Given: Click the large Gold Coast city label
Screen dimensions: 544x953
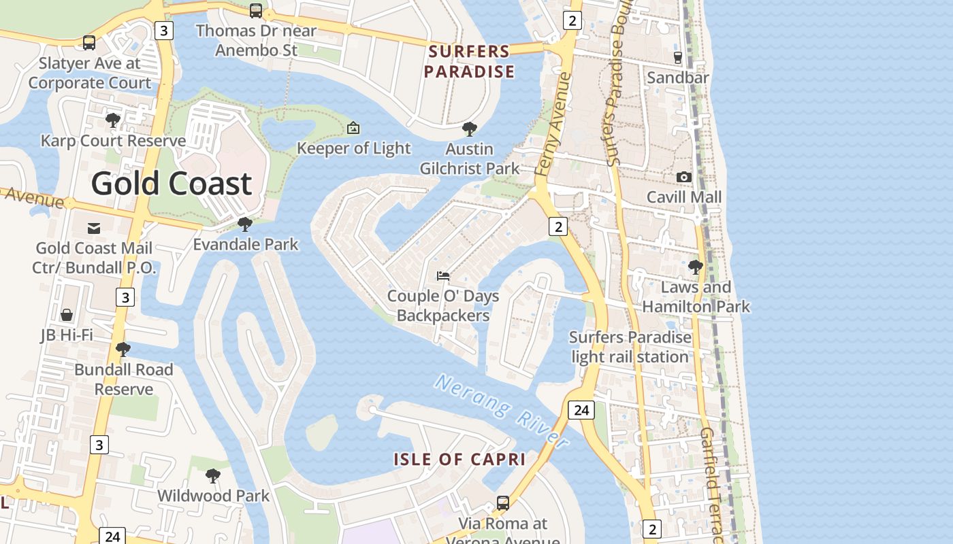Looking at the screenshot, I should [x=172, y=184].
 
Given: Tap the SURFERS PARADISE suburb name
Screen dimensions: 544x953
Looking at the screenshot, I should [x=469, y=62].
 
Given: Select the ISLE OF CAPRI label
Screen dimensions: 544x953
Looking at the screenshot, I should [x=459, y=459].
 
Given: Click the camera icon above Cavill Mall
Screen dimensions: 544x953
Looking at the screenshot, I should [x=684, y=177].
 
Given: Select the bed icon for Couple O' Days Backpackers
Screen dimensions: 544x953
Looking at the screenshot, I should [x=443, y=275].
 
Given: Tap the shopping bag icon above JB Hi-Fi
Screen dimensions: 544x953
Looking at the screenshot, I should [x=67, y=314].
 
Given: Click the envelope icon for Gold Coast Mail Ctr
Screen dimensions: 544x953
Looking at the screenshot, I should [x=94, y=228].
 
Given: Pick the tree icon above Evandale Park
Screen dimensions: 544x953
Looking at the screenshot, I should [x=245, y=224].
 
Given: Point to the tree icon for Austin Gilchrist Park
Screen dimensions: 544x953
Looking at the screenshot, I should [x=469, y=129].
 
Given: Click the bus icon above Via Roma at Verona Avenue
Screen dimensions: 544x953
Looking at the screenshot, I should [x=502, y=503].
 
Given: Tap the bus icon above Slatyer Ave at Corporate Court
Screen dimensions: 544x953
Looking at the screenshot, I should [x=88, y=43].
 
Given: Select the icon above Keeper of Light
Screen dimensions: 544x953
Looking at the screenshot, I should [x=353, y=128].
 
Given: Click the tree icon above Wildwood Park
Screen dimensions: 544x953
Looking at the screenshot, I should [x=213, y=475].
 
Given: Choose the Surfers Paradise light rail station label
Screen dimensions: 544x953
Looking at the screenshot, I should [x=630, y=347].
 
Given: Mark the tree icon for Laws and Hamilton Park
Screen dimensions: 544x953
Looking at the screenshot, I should [x=695, y=267].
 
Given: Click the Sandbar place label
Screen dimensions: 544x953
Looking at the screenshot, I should [x=677, y=78].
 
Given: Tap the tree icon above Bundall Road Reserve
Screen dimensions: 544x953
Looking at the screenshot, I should [x=123, y=350].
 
